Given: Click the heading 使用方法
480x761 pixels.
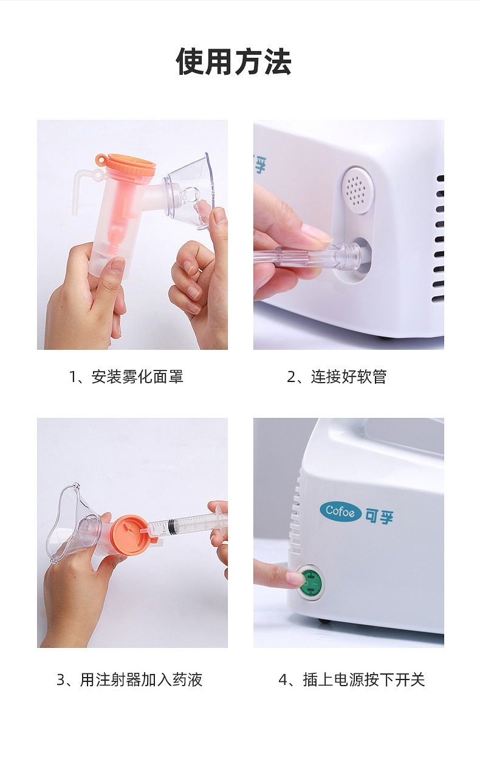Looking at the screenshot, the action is pyautogui.click(x=233, y=61).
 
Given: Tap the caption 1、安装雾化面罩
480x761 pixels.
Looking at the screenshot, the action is pyautogui.click(x=126, y=377).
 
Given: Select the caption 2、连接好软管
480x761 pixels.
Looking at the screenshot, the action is pyautogui.click(x=337, y=377).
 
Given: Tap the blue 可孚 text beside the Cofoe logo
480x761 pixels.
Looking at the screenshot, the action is pyautogui.click(x=379, y=516).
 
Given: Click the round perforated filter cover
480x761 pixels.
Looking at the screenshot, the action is pyautogui.click(x=358, y=190).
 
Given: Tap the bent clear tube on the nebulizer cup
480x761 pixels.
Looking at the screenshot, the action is pyautogui.click(x=84, y=188).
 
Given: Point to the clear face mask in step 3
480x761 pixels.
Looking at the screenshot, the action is pyautogui.click(x=74, y=525).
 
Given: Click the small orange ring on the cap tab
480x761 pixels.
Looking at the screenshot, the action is pyautogui.click(x=100, y=159).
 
